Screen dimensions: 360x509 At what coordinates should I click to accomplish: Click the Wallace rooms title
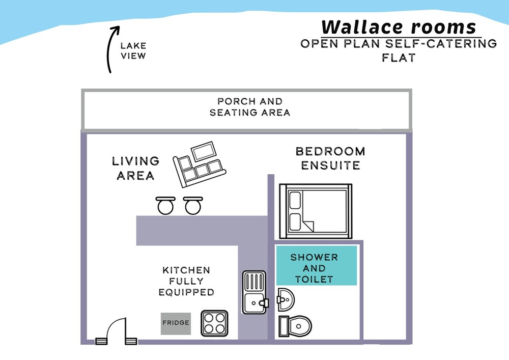pyautogui.click(x=399, y=26)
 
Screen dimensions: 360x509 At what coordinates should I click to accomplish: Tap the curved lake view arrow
pyautogui.click(x=110, y=51)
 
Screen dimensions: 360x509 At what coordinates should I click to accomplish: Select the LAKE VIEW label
pyautogui.click(x=133, y=51)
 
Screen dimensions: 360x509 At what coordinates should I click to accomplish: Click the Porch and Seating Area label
pyautogui.click(x=249, y=107)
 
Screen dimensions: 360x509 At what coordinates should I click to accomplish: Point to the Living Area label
pyautogui.click(x=135, y=169)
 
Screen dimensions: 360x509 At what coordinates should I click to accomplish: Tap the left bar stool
pyautogui.click(x=165, y=205)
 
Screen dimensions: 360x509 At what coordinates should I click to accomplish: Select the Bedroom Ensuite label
pyautogui.click(x=330, y=158)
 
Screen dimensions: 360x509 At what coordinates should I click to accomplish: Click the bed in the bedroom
pyautogui.click(x=316, y=210)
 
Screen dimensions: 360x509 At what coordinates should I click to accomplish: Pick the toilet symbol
pyautogui.click(x=296, y=325)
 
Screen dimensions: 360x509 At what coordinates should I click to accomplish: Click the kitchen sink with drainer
pyautogui.click(x=254, y=293)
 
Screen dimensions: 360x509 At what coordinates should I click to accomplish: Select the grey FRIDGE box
pyautogui.click(x=176, y=323)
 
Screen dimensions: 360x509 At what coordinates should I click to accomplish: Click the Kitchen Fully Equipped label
pyautogui.click(x=186, y=281)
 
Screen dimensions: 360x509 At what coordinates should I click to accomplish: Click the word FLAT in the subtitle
pyautogui.click(x=399, y=58)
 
